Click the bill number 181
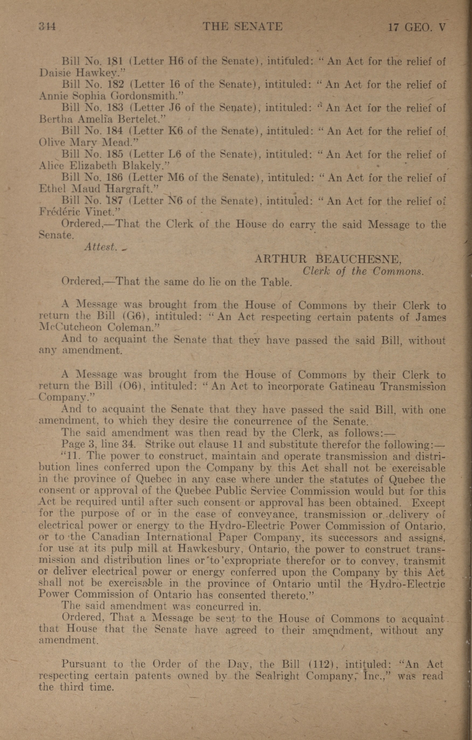[x=115, y=61]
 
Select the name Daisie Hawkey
[x=78, y=73]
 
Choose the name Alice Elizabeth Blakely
[x=105, y=166]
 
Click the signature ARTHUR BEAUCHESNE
[x=328, y=260]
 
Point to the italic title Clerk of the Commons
[x=363, y=271]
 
